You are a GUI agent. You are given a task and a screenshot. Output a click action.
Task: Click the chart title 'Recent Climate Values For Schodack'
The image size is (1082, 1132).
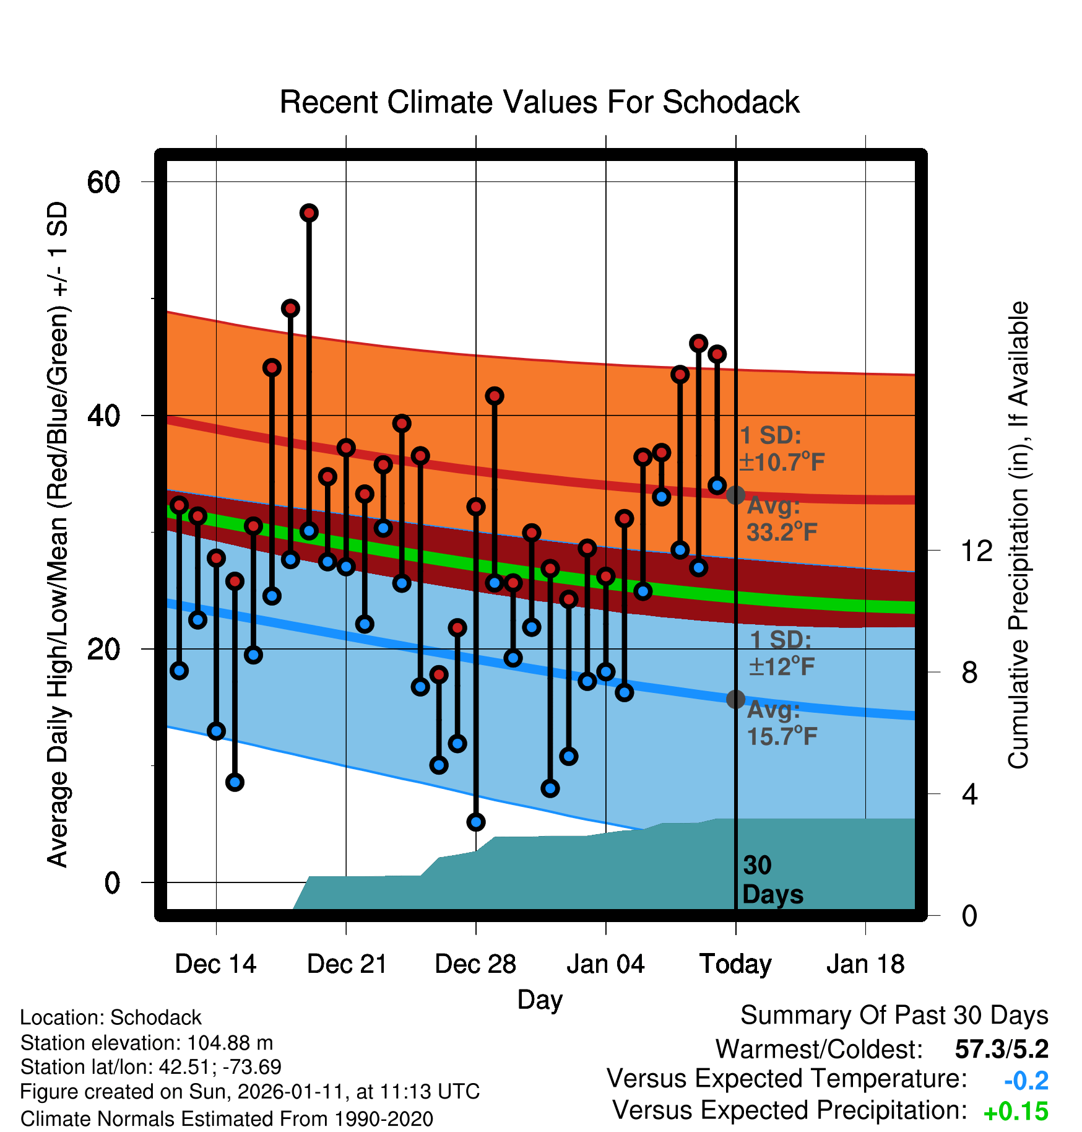539,102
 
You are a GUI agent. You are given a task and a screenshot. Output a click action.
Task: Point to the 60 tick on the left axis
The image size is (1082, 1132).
103,182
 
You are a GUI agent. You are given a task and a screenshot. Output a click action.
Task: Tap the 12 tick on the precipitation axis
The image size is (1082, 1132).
976,551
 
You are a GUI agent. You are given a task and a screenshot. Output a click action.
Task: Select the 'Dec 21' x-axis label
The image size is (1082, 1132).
347,964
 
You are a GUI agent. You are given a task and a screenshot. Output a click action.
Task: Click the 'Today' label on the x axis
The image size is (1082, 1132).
735,964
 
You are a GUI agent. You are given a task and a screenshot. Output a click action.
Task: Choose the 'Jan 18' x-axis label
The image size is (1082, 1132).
865,964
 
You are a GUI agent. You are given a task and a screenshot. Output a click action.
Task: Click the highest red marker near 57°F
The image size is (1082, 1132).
309,213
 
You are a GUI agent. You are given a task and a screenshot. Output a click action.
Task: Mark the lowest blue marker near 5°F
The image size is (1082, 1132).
476,822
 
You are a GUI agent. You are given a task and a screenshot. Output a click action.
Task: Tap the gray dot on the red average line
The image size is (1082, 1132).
735,495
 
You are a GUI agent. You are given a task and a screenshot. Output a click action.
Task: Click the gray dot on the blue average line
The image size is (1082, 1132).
735,699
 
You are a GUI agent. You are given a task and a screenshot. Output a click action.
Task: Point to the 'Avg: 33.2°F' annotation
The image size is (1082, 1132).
781,519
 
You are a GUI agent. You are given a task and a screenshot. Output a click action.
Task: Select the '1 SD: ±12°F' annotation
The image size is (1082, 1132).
781,653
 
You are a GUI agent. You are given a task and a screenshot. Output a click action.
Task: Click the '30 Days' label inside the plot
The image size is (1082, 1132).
772,880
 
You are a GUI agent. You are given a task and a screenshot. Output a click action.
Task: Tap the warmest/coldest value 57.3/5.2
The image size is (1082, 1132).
1002,1050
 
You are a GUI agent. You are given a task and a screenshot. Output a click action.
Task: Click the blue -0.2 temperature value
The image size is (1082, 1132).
1026,1081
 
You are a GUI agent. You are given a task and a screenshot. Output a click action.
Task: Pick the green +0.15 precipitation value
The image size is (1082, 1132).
1016,1112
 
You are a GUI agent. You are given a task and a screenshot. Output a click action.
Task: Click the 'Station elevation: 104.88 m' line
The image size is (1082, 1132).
147,1043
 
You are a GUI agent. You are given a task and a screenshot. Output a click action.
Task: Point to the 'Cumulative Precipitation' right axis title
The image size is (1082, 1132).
1018,535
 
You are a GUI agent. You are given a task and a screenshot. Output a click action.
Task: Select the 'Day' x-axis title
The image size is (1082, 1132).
540,999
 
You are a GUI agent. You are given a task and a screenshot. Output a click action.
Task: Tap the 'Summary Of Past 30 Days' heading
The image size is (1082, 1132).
894,1016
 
